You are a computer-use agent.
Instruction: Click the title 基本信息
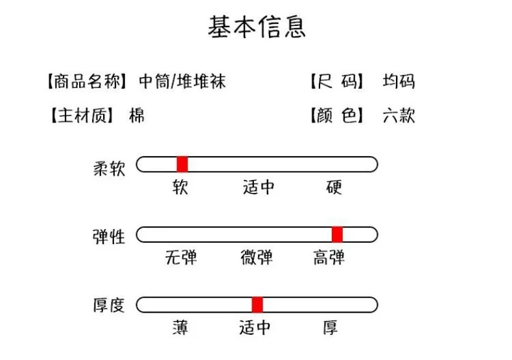point(256,27)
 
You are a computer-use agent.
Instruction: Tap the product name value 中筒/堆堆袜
point(182,82)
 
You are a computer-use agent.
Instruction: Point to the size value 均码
point(399,82)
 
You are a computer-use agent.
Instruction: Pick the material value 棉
point(137,117)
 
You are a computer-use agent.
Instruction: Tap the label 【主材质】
point(80,117)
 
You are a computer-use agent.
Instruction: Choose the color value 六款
point(399,117)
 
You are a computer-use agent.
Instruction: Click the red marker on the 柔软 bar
point(182,164)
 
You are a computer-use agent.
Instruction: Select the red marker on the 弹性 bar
point(337,234)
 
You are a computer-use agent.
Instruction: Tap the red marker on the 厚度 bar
point(257,305)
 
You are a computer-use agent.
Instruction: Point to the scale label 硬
point(334,188)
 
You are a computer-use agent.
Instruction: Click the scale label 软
point(180,188)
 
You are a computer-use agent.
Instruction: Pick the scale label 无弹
point(181,258)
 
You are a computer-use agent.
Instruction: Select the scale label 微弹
point(257,258)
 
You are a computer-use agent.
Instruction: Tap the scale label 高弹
point(329,258)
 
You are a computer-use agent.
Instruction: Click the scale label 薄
point(180,328)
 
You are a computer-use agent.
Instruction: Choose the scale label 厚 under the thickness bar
point(331,328)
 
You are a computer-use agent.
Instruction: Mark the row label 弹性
point(108,236)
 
